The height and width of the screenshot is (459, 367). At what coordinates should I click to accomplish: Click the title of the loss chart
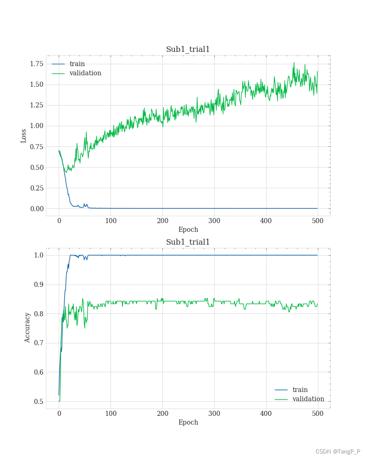click(188, 50)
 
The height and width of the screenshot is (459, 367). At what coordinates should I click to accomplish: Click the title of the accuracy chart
click(188, 242)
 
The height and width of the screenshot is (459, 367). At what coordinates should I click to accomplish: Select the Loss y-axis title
click(24, 136)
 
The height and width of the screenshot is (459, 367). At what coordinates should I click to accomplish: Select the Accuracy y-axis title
click(28, 327)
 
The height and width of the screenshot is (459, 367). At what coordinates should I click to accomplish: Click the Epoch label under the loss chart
click(188, 229)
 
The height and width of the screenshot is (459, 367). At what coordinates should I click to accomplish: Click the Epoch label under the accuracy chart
click(188, 422)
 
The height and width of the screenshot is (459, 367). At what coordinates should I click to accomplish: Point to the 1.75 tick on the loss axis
click(36, 64)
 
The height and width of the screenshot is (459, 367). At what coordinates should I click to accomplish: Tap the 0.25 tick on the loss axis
click(36, 188)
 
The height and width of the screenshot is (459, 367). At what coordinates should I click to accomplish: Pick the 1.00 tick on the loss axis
click(36, 126)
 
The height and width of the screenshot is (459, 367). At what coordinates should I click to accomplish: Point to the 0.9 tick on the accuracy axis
click(38, 285)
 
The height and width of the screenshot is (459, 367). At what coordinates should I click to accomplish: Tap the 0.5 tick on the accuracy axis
click(38, 402)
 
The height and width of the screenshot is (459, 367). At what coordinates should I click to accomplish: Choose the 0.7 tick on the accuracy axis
click(38, 343)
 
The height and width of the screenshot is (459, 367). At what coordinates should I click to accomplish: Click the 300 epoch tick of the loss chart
click(214, 221)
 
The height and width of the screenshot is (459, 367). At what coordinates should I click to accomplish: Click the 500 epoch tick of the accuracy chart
click(318, 414)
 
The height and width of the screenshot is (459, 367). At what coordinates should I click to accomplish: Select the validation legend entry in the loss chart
click(85, 73)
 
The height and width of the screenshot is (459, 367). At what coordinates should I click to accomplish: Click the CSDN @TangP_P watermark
click(338, 452)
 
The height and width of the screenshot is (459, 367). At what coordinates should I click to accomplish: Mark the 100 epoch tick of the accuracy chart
click(111, 414)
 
